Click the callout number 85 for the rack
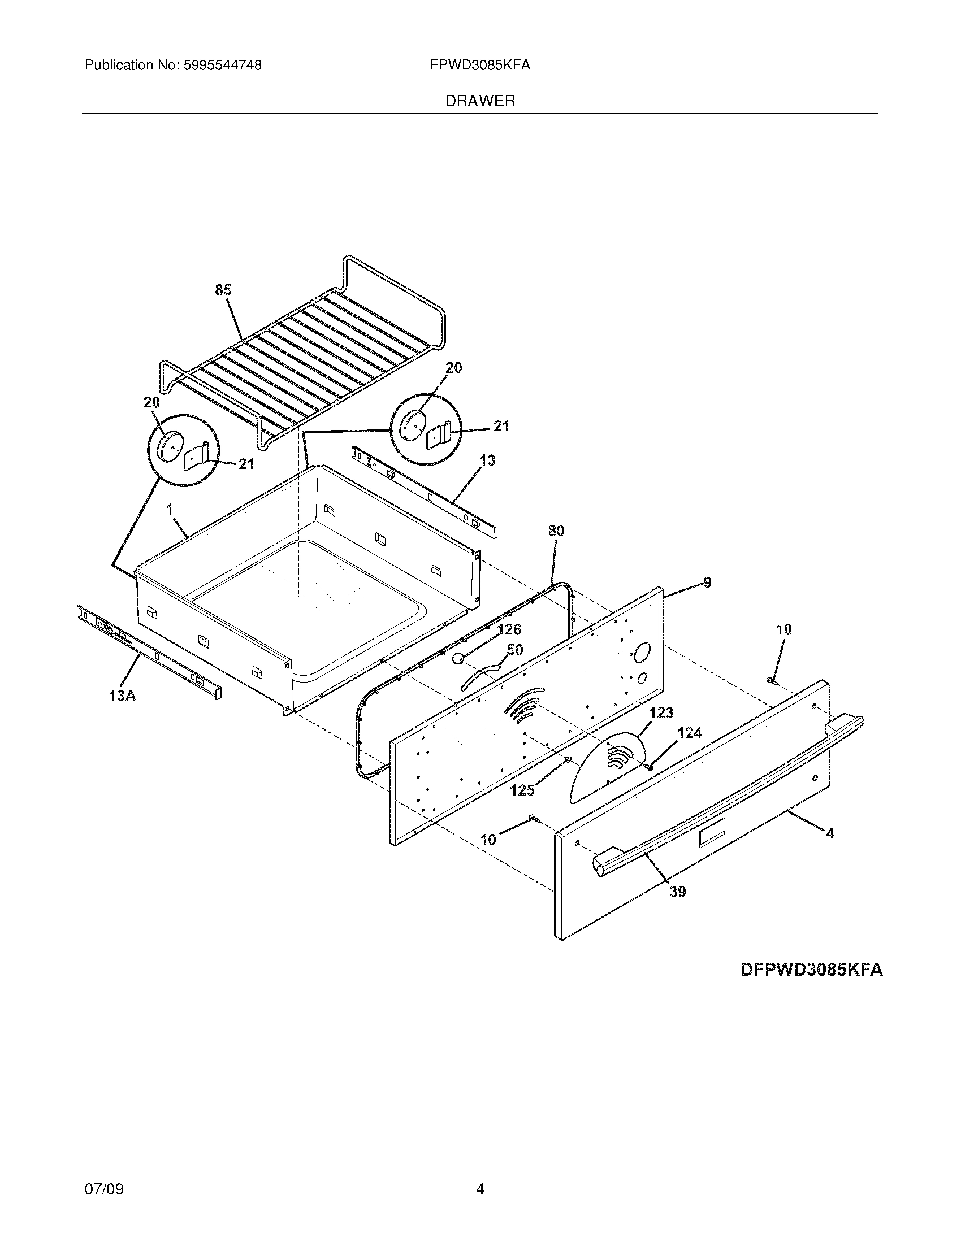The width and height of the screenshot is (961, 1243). click(223, 290)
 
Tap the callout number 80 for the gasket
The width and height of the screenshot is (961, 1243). click(556, 531)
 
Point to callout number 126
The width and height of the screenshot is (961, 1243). click(509, 629)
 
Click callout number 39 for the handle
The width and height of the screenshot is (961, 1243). click(677, 892)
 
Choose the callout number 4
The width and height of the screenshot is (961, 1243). click(830, 834)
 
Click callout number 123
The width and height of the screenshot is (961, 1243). click(661, 713)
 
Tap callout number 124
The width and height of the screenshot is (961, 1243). click(690, 733)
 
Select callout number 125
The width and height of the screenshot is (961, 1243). click(522, 790)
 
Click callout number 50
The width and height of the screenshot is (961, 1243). click(514, 650)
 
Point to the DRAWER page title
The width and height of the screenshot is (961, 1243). click(480, 101)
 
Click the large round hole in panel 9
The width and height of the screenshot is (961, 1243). click(642, 653)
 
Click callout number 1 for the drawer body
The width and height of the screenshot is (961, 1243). click(170, 510)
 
